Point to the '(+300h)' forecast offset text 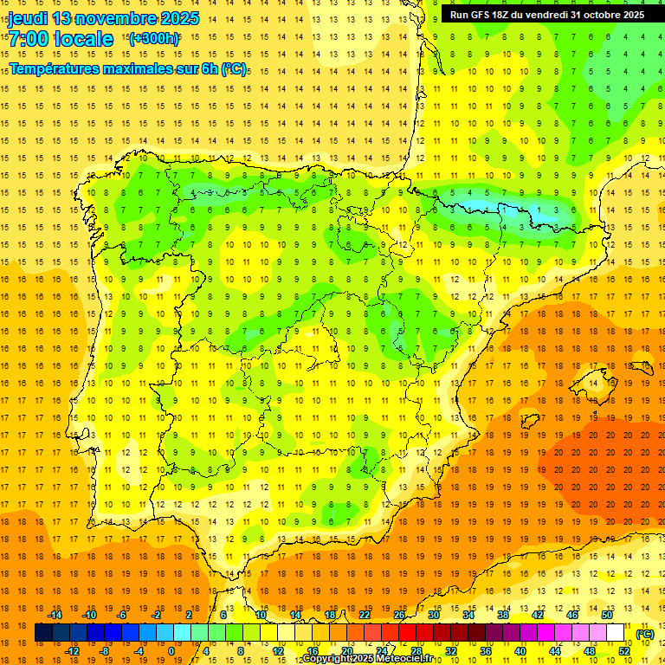pos(154,38)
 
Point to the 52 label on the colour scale pos(624,652)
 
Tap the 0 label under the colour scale pos(171,652)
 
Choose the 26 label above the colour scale pos(399,615)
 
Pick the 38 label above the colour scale pos(502,615)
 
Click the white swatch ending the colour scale pos(616,633)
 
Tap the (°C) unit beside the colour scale pos(645,634)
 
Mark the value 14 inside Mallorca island pos(592,383)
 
